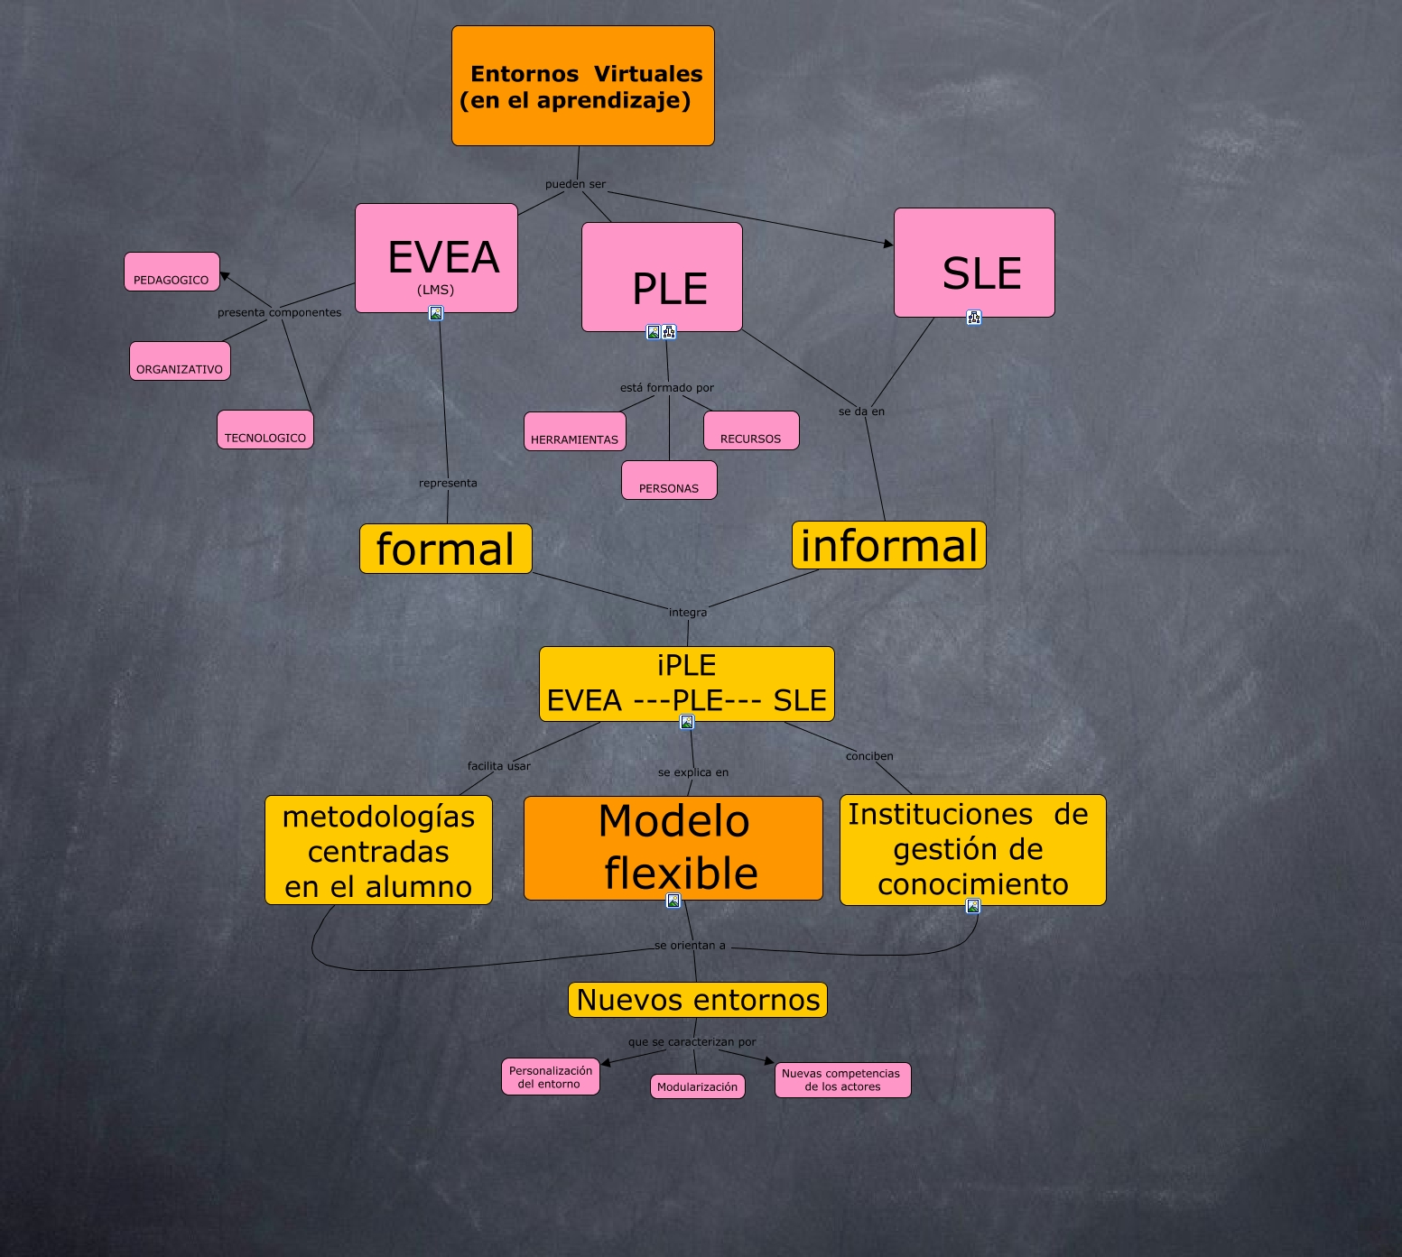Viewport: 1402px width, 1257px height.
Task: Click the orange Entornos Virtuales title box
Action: pyautogui.click(x=582, y=86)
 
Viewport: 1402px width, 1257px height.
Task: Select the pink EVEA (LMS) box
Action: pyautogui.click(x=436, y=258)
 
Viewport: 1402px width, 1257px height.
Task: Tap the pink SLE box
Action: pyautogui.click(x=974, y=263)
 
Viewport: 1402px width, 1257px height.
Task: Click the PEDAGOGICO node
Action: pyautogui.click(x=172, y=272)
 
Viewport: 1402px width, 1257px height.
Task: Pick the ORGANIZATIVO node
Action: pyautogui.click(x=180, y=361)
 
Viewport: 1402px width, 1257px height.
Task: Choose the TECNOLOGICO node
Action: pyautogui.click(x=265, y=430)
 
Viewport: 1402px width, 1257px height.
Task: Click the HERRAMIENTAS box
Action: pyautogui.click(x=575, y=431)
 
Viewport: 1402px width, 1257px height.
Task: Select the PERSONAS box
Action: pyautogui.click(x=669, y=480)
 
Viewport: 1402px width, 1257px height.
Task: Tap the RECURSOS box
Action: pyautogui.click(x=751, y=430)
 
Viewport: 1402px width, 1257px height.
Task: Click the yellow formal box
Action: pyautogui.click(x=446, y=549)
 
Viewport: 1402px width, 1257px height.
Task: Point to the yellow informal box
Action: pyautogui.click(x=889, y=545)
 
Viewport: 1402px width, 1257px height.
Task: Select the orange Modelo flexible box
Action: pyautogui.click(x=673, y=848)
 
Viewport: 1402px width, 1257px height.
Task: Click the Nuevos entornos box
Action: pyautogui.click(x=698, y=1000)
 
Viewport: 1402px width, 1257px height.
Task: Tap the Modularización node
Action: pyautogui.click(x=698, y=1086)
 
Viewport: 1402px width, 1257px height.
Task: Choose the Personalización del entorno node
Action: pyautogui.click(x=551, y=1077)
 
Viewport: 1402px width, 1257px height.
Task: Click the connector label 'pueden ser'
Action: pyautogui.click(x=575, y=184)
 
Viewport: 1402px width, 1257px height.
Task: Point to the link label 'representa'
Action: pyautogui.click(x=448, y=483)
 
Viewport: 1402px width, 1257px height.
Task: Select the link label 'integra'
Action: pyautogui.click(x=688, y=612)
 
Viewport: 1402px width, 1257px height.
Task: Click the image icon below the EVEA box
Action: pyautogui.click(x=436, y=313)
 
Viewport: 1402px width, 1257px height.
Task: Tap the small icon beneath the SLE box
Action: pyautogui.click(x=973, y=317)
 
